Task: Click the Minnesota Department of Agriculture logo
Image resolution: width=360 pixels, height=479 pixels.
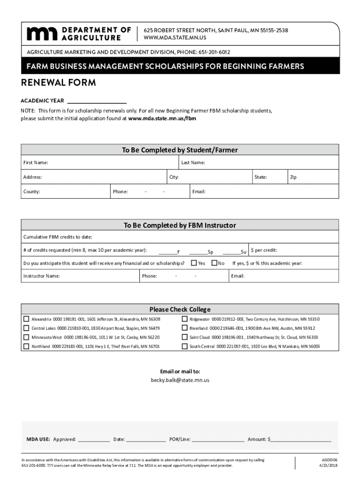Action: coord(79,34)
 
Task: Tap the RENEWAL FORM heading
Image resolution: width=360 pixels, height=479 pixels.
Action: coord(58,83)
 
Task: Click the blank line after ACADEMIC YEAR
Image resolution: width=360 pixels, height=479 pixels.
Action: coord(97,101)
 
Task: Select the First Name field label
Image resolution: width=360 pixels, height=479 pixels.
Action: coord(36,162)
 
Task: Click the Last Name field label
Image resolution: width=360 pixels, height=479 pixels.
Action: coord(193,162)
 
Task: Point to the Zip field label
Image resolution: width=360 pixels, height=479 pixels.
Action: coord(293,177)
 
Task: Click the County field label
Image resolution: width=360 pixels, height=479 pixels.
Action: coord(32,192)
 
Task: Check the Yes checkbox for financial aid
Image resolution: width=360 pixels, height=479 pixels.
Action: coord(194,263)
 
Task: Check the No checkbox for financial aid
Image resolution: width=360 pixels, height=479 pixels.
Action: coord(215,263)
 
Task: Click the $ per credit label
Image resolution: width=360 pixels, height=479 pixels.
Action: coord(267,250)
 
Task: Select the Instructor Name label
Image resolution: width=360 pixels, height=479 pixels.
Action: coord(42,276)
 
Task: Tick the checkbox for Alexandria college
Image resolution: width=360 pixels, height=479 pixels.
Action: coord(26,319)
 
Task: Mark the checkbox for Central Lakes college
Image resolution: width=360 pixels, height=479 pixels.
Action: coord(26,328)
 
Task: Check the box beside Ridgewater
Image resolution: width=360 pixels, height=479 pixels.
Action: coord(184,319)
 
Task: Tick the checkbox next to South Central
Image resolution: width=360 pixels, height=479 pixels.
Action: coord(184,347)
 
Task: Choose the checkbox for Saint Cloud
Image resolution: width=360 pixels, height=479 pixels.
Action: coord(184,337)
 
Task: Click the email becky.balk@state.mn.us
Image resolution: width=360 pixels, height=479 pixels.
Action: coord(180,380)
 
